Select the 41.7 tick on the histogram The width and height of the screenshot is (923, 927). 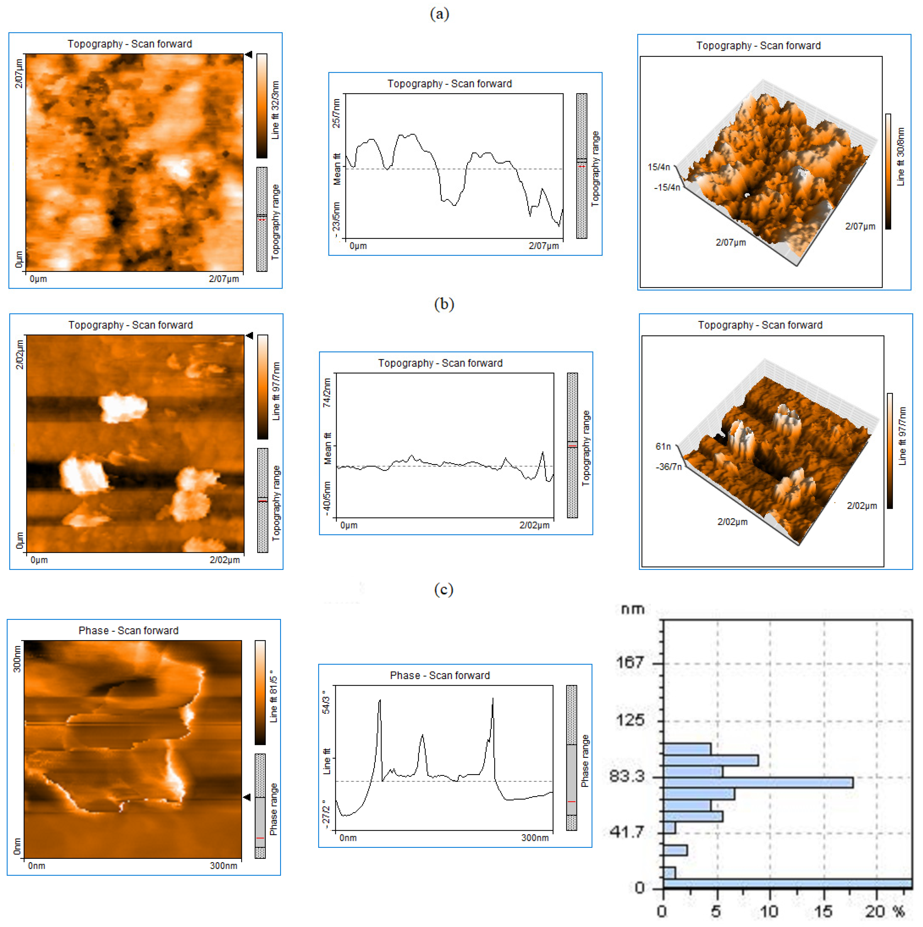(x=626, y=832)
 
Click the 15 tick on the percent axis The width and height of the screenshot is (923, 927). (x=824, y=911)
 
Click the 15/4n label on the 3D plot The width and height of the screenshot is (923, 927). (x=659, y=167)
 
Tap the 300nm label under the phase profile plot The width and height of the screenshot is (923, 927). (x=535, y=838)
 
